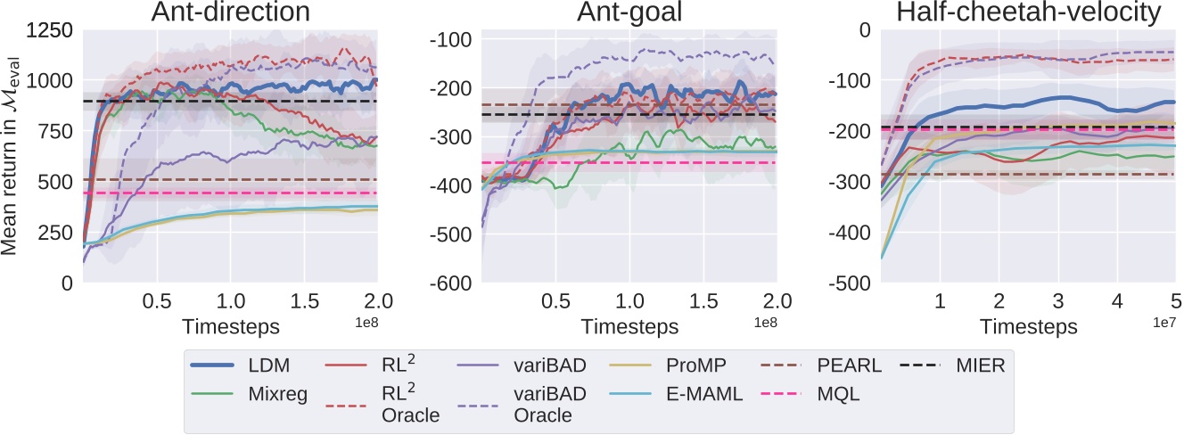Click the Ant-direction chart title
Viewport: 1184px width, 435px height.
click(x=229, y=12)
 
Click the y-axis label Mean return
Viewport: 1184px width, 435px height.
click(x=12, y=155)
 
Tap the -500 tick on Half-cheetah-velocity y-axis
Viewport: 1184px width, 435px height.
click(x=851, y=283)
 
